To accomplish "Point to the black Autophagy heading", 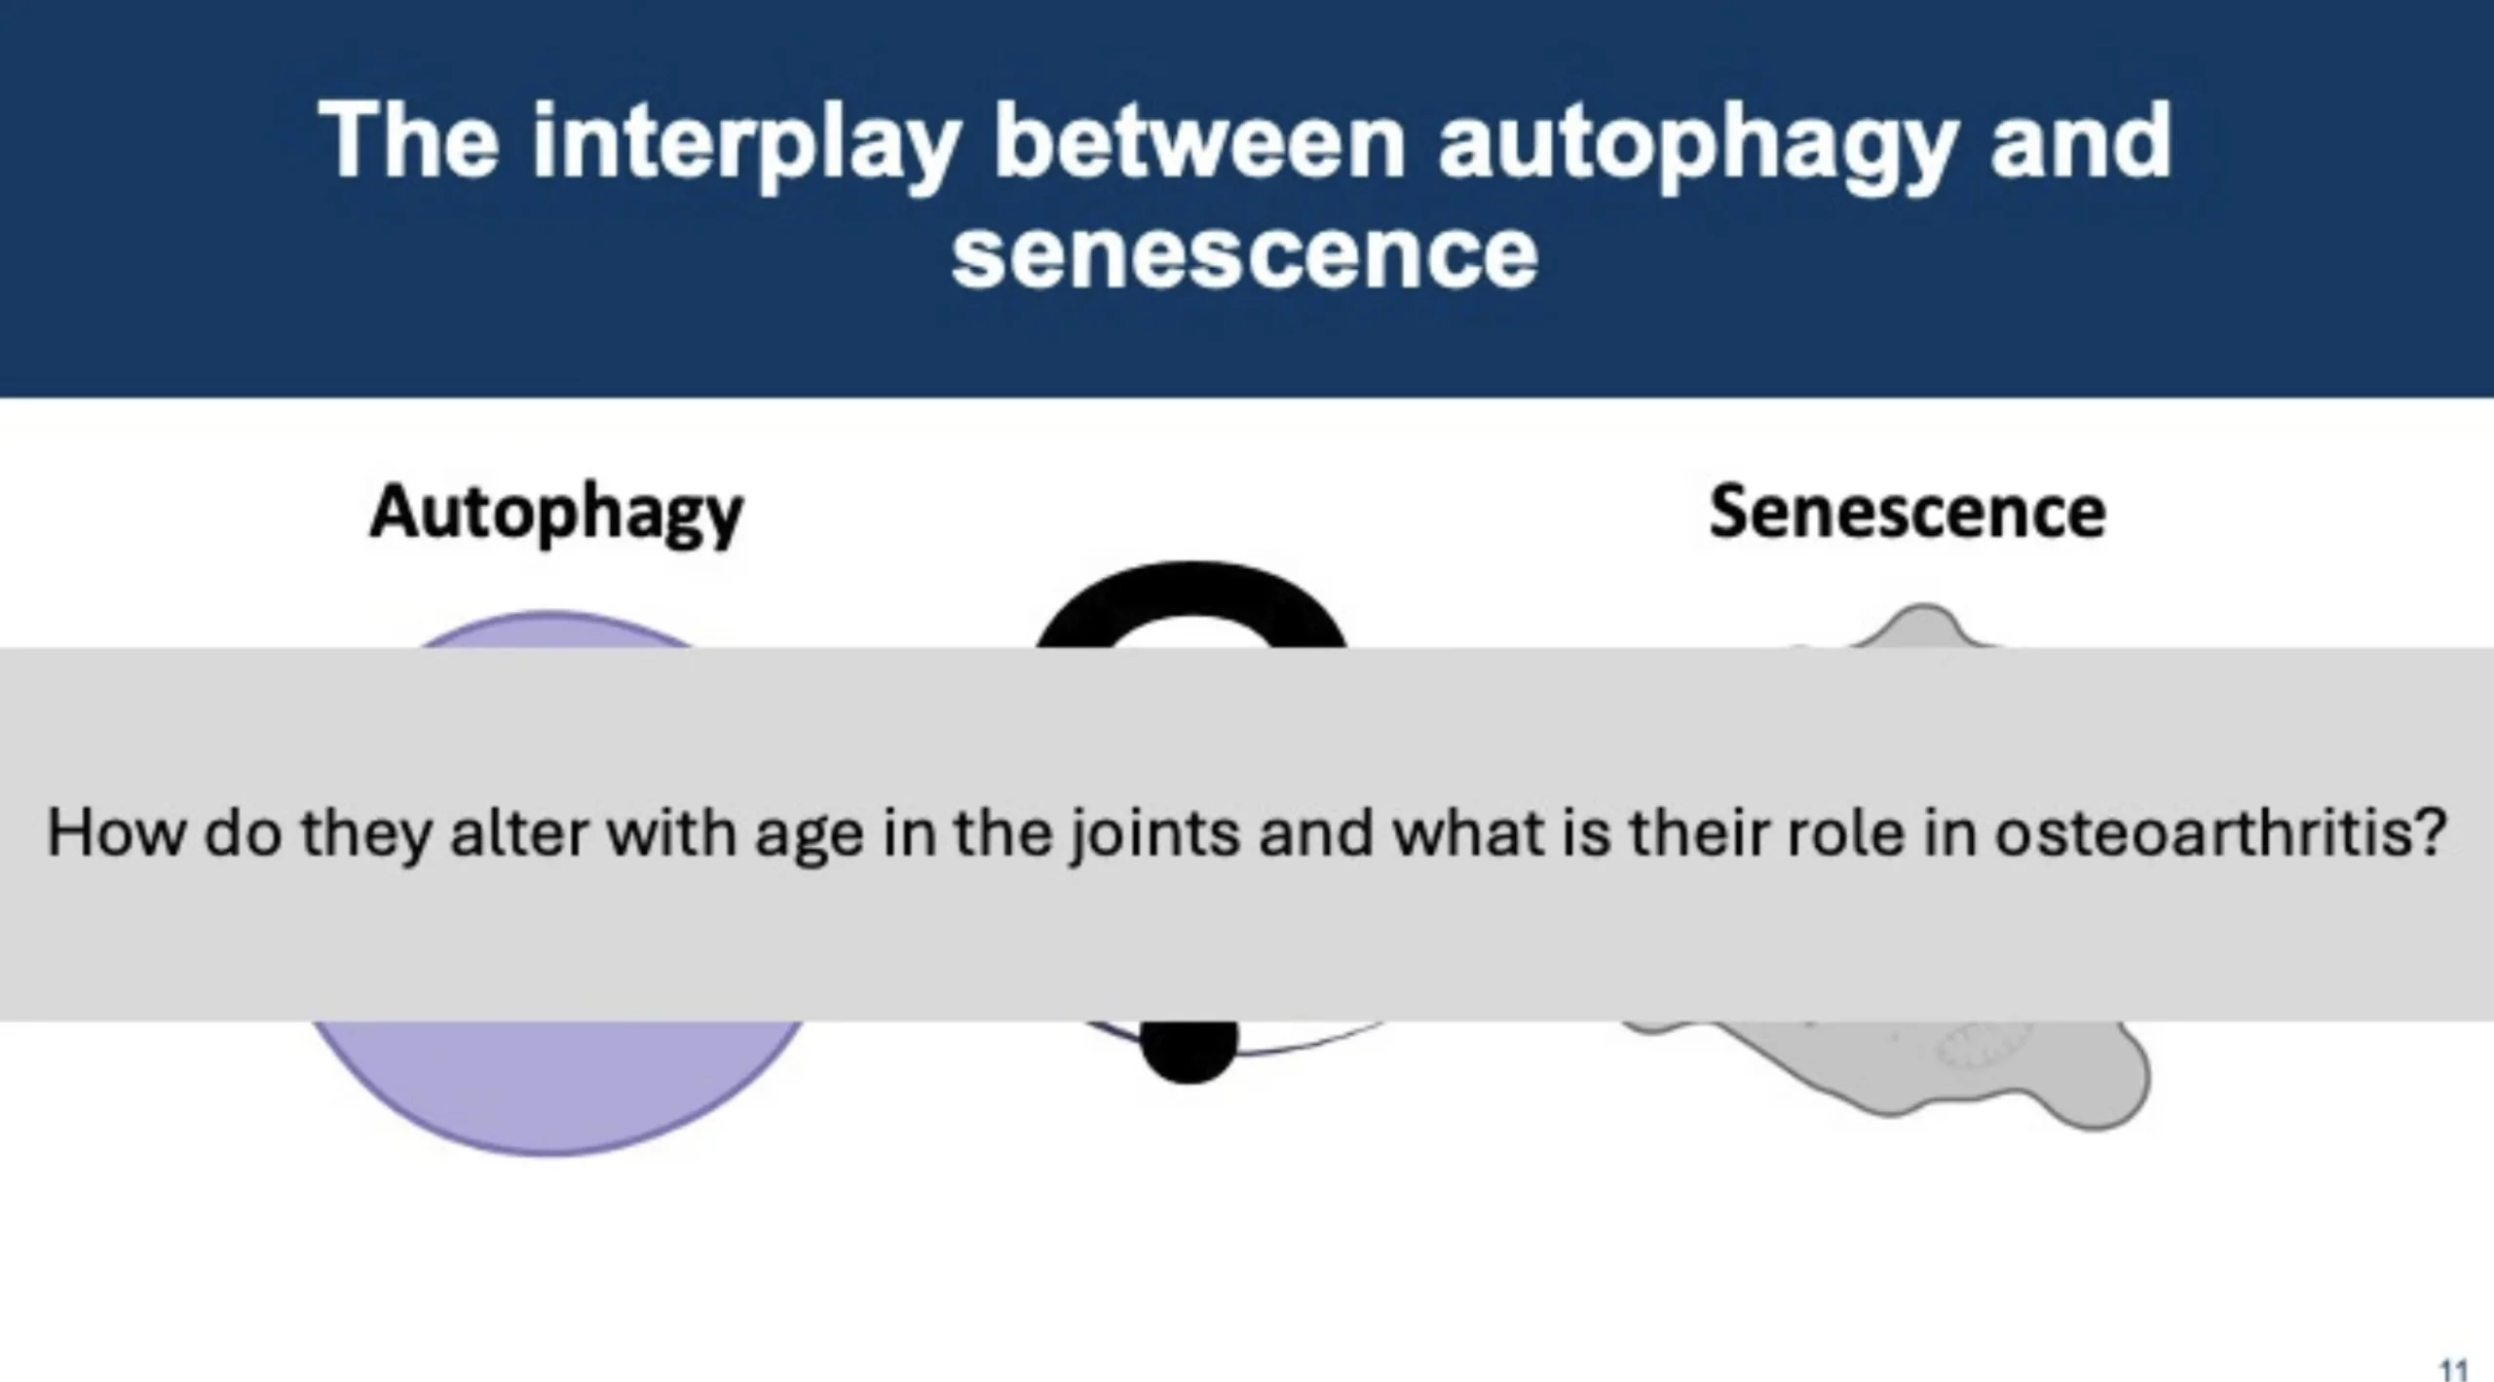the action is coord(556,515).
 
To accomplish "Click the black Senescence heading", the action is coord(1908,513).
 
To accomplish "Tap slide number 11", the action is coord(2453,1369).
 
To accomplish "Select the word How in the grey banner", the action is coord(115,834).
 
